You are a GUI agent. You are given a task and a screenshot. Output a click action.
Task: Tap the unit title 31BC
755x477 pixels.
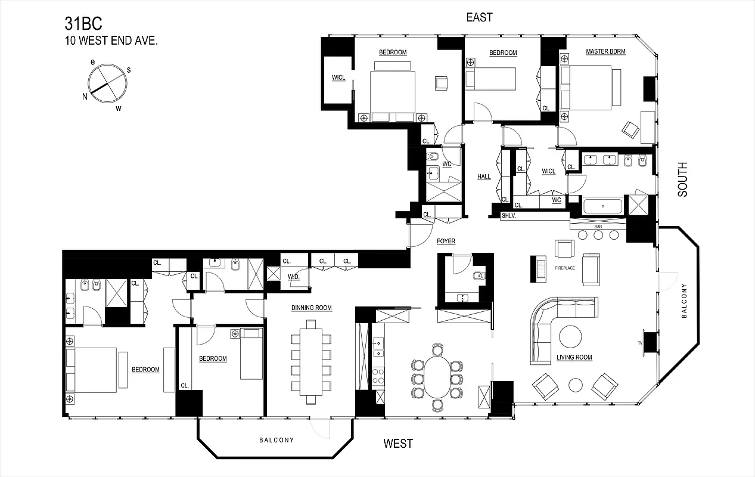pyautogui.click(x=83, y=24)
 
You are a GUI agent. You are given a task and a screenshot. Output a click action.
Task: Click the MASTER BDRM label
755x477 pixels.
pyautogui.click(x=605, y=52)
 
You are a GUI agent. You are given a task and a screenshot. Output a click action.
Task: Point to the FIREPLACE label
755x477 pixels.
pyautogui.click(x=565, y=268)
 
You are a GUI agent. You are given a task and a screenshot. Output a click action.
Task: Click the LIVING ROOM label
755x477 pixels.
pyautogui.click(x=574, y=357)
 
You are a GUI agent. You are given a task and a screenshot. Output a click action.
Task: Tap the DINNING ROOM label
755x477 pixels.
pyautogui.click(x=311, y=308)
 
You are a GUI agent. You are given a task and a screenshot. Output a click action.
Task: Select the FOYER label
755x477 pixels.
pyautogui.click(x=446, y=241)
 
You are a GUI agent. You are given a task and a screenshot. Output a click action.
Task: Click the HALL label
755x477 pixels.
pyautogui.click(x=484, y=176)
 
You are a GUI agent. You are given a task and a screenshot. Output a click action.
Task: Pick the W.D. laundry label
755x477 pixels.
pyautogui.click(x=294, y=277)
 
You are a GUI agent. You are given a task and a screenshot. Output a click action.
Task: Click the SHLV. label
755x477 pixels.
pyautogui.click(x=508, y=216)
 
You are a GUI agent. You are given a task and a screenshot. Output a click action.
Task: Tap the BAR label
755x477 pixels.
pyautogui.click(x=599, y=227)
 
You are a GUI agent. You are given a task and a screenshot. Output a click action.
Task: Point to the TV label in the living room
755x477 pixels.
pyautogui.click(x=639, y=344)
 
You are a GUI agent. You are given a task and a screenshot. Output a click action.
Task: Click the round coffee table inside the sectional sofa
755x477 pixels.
pyautogui.click(x=570, y=337)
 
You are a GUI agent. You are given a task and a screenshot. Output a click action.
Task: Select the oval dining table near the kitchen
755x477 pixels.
pyautogui.click(x=437, y=377)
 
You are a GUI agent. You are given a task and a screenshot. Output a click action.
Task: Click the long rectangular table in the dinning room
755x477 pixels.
pyautogui.click(x=311, y=362)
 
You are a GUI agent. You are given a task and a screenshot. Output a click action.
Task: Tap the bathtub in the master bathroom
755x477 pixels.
pyautogui.click(x=602, y=207)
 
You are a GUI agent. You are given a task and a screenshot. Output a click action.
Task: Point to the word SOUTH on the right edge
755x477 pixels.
pyautogui.click(x=682, y=179)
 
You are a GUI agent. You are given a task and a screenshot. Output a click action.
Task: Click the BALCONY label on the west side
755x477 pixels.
pyautogui.click(x=276, y=441)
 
